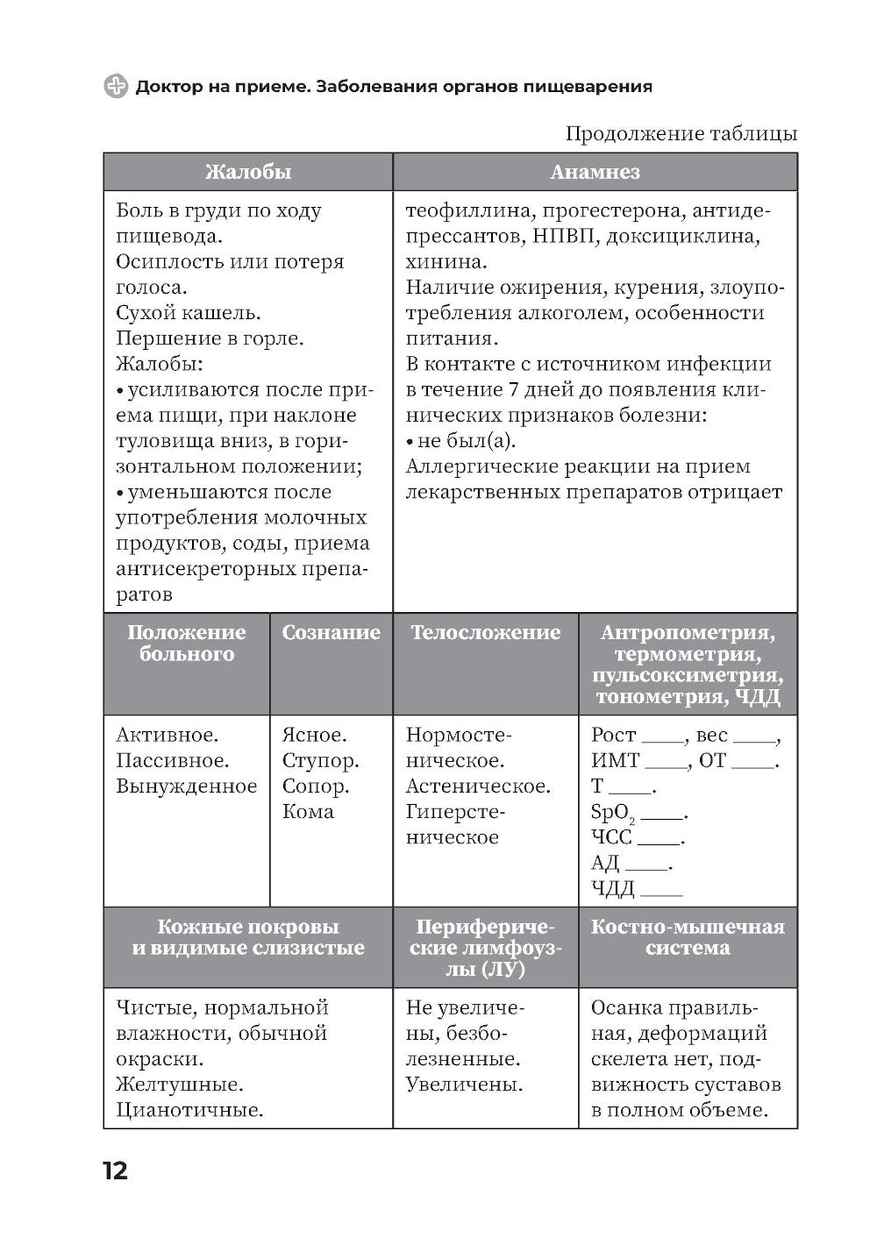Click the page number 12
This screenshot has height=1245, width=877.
(x=115, y=1170)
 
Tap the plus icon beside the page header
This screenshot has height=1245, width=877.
(x=116, y=86)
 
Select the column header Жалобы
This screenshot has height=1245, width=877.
(x=247, y=172)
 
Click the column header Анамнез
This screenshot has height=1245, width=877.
(x=595, y=172)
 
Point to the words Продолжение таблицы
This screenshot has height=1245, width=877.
(x=681, y=133)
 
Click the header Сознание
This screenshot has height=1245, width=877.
(x=331, y=633)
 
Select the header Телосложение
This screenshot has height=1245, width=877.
(x=485, y=633)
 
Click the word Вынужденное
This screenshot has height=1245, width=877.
(x=187, y=786)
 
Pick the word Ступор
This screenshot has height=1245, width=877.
(x=320, y=760)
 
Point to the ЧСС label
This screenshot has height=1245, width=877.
(x=611, y=837)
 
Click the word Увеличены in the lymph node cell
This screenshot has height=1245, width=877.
(x=464, y=1085)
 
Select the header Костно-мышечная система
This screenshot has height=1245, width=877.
(x=688, y=937)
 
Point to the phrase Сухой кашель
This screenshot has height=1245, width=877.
(x=189, y=313)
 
